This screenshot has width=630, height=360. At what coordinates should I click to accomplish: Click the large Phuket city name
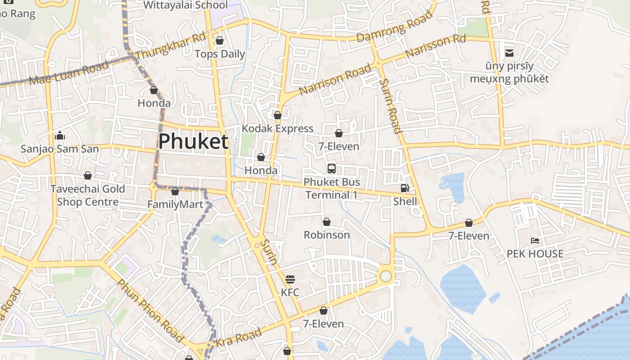pos(193,141)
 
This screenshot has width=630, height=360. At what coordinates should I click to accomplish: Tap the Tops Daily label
pos(220,54)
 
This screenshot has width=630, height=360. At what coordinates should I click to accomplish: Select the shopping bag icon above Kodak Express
pos(278,115)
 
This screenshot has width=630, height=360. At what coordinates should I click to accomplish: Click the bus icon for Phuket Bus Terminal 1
pos(332,169)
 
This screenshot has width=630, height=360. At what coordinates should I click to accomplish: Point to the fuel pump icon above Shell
pos(405,188)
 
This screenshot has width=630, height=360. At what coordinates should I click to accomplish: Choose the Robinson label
pos(327,235)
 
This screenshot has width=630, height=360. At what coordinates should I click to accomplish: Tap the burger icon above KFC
pos(290,279)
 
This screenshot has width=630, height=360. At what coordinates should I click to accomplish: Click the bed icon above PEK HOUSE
pos(535,241)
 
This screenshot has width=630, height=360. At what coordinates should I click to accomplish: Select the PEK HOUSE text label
pos(535,254)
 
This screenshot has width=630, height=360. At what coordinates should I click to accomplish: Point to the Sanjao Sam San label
pos(60,148)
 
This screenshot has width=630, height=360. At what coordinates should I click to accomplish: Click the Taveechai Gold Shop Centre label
pos(88,195)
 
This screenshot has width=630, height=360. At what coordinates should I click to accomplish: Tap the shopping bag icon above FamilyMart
pos(175,191)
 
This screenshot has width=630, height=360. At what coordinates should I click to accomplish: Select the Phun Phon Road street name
pos(150,310)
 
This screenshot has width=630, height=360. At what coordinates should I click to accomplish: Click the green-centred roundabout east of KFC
pos(386,276)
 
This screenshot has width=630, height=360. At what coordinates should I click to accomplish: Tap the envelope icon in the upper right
pos(509,53)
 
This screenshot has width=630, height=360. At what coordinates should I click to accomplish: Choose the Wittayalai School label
pos(185,5)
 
